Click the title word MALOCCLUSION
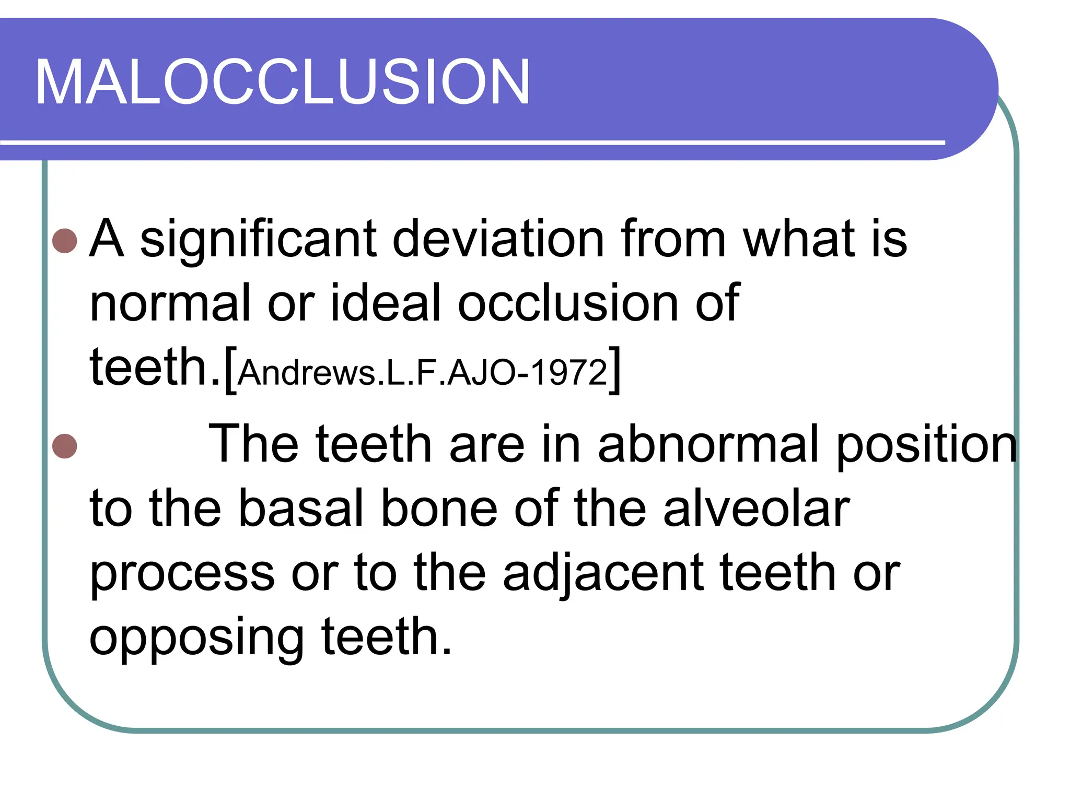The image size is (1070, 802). tap(282, 82)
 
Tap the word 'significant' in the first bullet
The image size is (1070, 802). tap(258, 240)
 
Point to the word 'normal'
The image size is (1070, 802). tap(170, 303)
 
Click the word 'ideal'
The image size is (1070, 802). tap(387, 303)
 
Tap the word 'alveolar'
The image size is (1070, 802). tap(756, 509)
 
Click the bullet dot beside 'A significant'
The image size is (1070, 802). tap(65, 241)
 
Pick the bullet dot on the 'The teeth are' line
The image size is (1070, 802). tap(65, 446)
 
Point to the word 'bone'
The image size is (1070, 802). tap(439, 509)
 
